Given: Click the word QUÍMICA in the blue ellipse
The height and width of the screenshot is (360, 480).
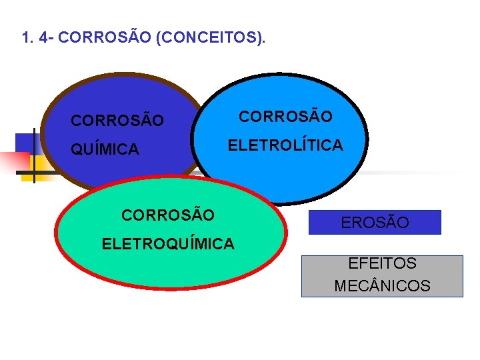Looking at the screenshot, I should [x=105, y=150].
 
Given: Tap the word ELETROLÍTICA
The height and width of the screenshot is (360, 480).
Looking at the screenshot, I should [x=285, y=145].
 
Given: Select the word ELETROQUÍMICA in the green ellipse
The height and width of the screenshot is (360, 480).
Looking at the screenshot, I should [x=168, y=244].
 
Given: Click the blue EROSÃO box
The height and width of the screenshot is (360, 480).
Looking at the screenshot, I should [x=375, y=223].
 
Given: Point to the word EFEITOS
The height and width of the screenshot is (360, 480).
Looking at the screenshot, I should [x=382, y=264].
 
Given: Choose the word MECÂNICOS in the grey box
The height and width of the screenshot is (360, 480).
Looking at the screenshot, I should [x=382, y=287].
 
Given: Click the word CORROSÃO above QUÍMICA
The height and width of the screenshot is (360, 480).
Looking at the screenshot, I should [x=117, y=121].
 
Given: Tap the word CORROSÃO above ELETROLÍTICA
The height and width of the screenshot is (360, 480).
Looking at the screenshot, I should [x=285, y=117].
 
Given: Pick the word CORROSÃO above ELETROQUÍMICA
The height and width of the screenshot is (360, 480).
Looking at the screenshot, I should [x=168, y=215].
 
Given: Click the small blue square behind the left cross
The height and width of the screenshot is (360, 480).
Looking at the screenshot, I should [x=24, y=143].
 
